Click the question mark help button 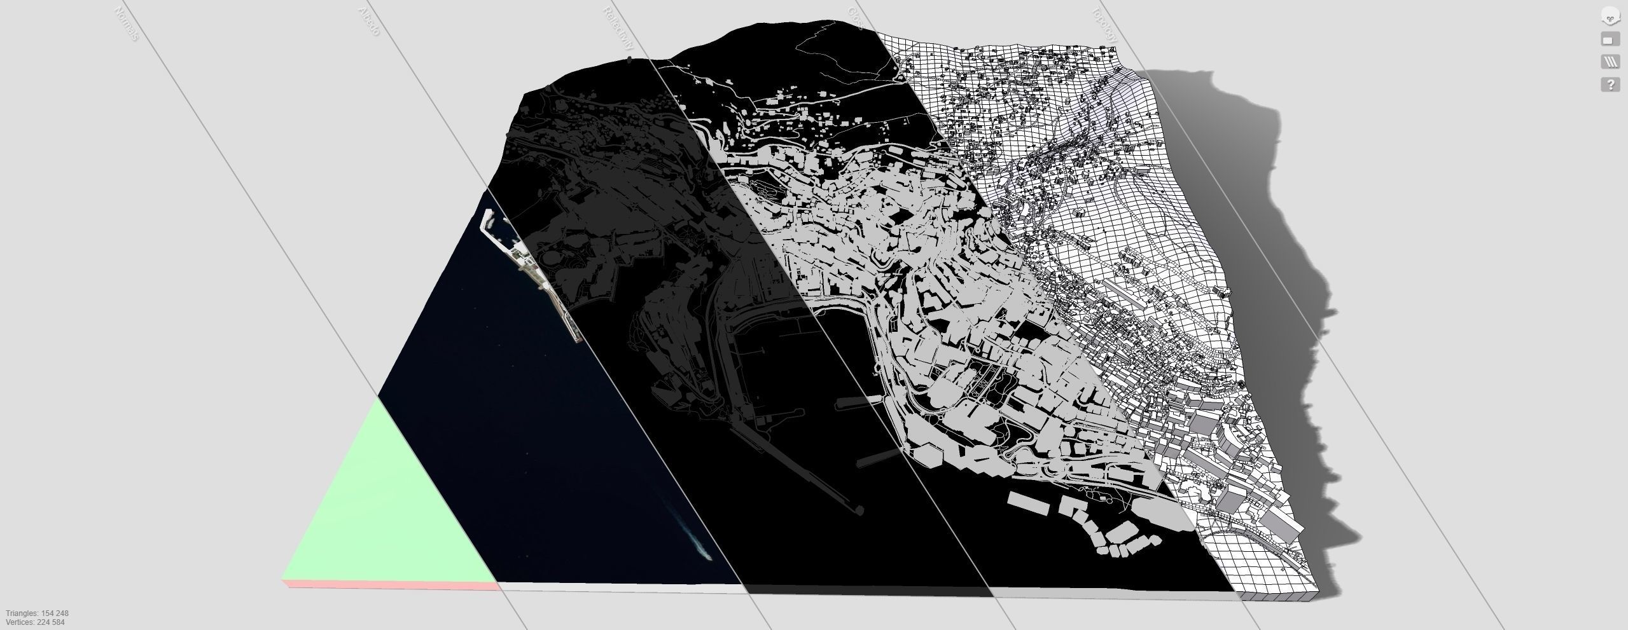pyautogui.click(x=1610, y=84)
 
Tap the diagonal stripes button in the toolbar pyautogui.click(x=1610, y=62)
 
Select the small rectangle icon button pyautogui.click(x=1610, y=39)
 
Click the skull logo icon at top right pyautogui.click(x=1610, y=17)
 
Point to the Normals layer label pyautogui.click(x=126, y=24)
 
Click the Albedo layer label pyautogui.click(x=369, y=21)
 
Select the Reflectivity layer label pyautogui.click(x=618, y=29)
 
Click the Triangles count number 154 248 pyautogui.click(x=55, y=613)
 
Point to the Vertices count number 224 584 pyautogui.click(x=51, y=622)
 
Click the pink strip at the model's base pyautogui.click(x=388, y=584)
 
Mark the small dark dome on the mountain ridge pyautogui.click(x=630, y=60)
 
